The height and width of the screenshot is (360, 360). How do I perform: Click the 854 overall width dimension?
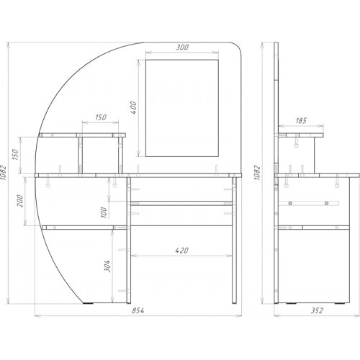[138, 310]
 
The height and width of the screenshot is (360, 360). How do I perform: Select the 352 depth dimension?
[317, 310]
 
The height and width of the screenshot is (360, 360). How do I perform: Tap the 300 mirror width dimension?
[182, 48]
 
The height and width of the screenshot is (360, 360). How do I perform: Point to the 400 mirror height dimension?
[133, 108]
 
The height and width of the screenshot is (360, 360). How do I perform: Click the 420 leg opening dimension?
[181, 251]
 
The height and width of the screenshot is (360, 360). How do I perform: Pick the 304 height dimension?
[107, 266]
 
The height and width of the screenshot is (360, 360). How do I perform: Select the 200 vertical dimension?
[20, 201]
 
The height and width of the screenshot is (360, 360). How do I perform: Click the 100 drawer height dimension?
[104, 212]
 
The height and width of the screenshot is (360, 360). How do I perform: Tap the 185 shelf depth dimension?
[301, 120]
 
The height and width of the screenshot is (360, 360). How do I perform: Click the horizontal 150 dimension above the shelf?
[101, 117]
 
